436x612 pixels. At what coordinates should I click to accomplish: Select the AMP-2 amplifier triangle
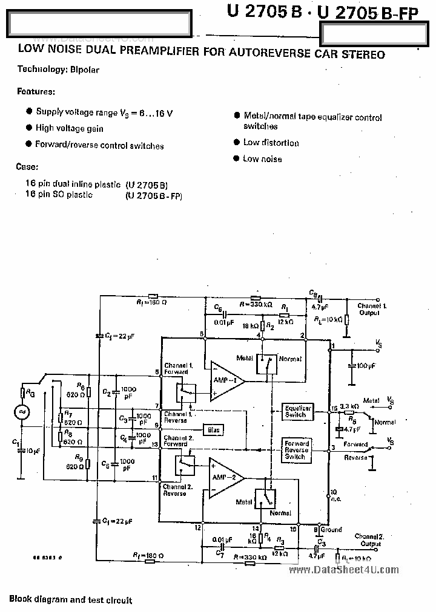click(224, 478)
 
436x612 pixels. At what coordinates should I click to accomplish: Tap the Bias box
click(213, 430)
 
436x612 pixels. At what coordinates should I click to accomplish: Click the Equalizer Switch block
click(297, 412)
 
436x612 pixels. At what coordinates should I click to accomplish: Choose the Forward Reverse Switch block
click(297, 451)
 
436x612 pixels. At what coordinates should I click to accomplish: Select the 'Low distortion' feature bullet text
click(271, 143)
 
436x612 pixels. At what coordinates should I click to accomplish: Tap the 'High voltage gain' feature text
click(69, 128)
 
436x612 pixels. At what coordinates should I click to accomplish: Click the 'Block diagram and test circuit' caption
click(70, 600)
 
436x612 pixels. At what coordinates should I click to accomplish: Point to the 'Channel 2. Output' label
click(369, 540)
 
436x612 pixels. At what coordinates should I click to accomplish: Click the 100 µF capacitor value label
click(366, 366)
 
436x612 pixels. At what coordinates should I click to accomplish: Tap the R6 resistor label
click(81, 385)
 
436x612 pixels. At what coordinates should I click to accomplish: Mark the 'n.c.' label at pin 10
click(334, 498)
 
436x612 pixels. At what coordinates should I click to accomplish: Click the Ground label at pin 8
click(331, 529)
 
